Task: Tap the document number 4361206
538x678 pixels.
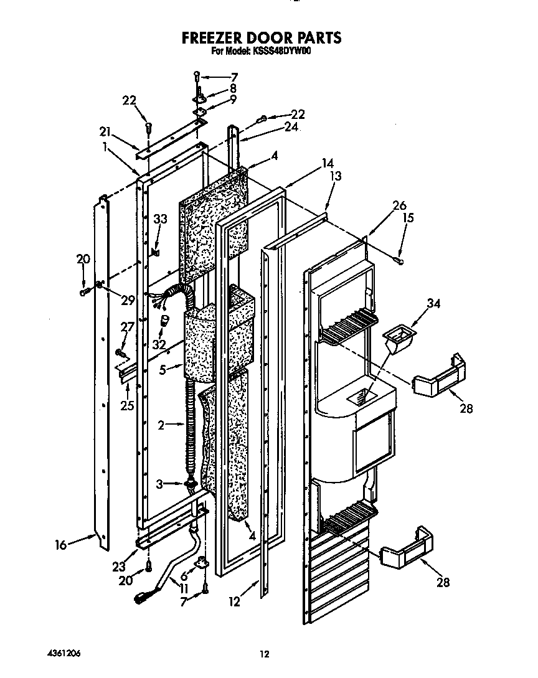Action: click(64, 653)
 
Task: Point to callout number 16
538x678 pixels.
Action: click(60, 545)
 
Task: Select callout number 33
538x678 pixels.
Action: click(161, 219)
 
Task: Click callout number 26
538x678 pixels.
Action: click(399, 206)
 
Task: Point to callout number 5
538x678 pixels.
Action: click(163, 369)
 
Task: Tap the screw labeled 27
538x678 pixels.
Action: click(120, 353)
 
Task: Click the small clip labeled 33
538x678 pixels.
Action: click(155, 252)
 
